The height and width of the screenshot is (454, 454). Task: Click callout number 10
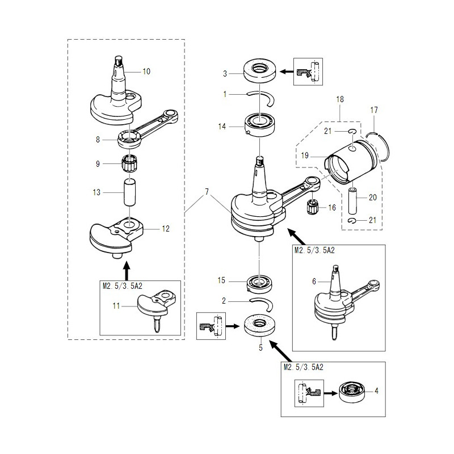(x=146, y=72)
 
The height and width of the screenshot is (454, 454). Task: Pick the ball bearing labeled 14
(x=260, y=124)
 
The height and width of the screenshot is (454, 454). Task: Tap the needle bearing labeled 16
(x=313, y=207)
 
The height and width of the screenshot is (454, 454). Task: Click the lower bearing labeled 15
(x=260, y=282)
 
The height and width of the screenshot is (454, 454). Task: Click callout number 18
(x=340, y=99)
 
